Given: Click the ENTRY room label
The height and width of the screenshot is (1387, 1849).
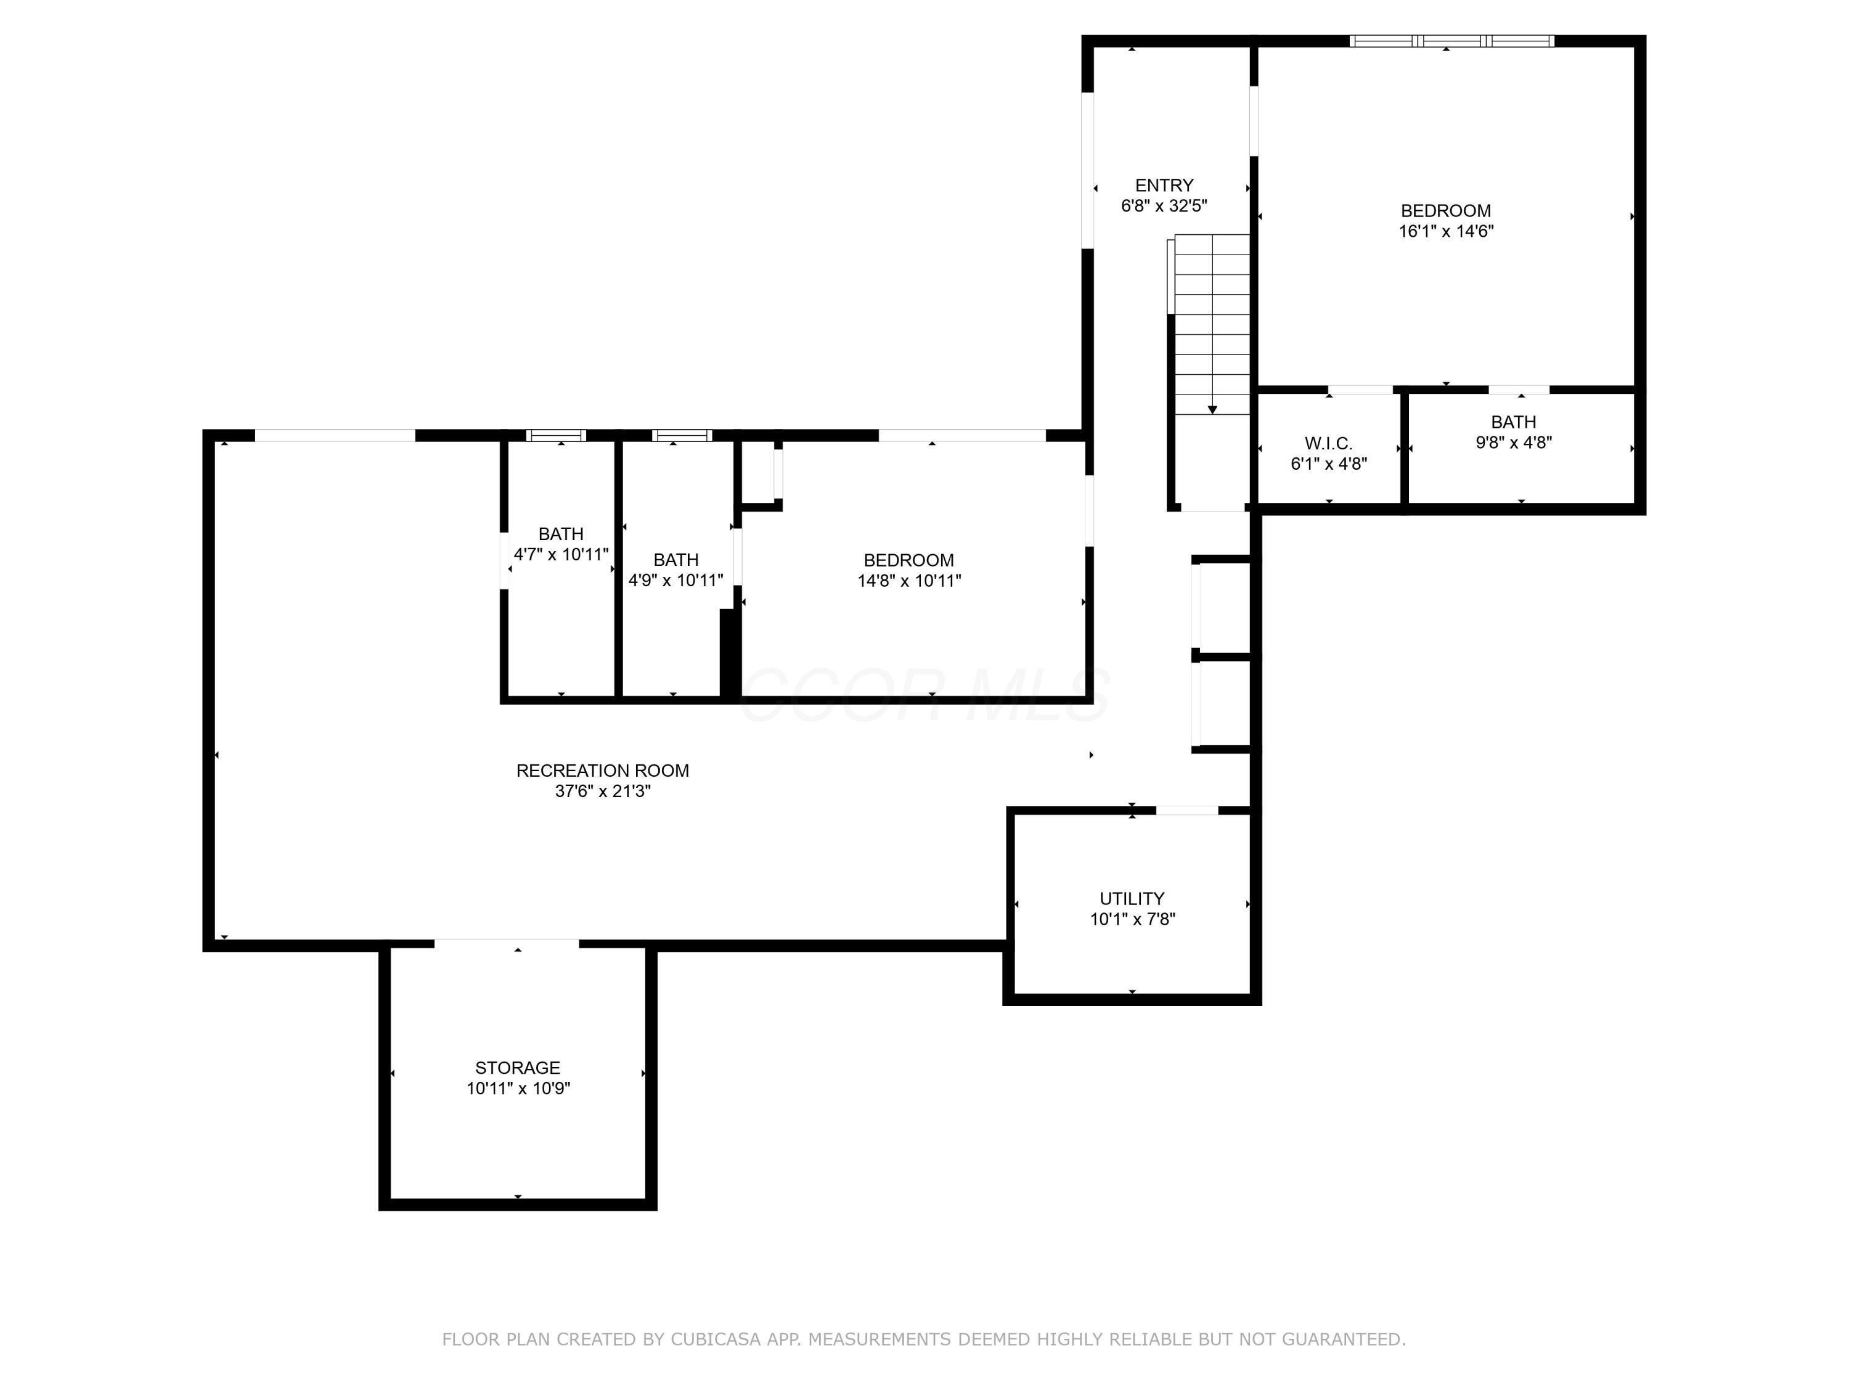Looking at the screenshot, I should pyautogui.click(x=1164, y=186).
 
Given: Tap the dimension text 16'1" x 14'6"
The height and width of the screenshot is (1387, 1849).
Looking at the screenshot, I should pyautogui.click(x=1446, y=232).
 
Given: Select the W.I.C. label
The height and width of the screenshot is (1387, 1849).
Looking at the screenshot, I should pyautogui.click(x=1328, y=443).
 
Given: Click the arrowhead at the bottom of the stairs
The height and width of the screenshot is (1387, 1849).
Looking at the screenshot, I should pyautogui.click(x=1212, y=410).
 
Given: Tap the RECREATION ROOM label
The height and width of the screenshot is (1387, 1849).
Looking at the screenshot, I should pyautogui.click(x=602, y=771).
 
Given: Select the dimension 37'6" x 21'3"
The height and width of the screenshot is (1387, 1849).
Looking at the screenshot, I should pyautogui.click(x=602, y=792).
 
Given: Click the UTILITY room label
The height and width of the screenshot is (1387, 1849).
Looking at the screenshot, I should pyautogui.click(x=1132, y=899).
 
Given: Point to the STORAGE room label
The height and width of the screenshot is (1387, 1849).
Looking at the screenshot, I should pyautogui.click(x=518, y=1068).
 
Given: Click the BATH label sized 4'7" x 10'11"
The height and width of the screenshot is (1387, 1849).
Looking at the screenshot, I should pyautogui.click(x=560, y=533).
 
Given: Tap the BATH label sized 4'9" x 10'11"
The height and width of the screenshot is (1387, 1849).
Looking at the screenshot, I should pyautogui.click(x=676, y=559).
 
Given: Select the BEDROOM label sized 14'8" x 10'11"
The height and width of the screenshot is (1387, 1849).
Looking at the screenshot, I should pyautogui.click(x=908, y=560).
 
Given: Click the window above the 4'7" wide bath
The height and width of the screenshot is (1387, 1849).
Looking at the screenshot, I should pyautogui.click(x=556, y=435).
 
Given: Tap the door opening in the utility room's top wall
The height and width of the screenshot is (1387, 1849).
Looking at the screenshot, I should pyautogui.click(x=1187, y=810).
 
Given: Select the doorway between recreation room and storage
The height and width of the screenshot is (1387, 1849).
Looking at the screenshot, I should pyautogui.click(x=507, y=945).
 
